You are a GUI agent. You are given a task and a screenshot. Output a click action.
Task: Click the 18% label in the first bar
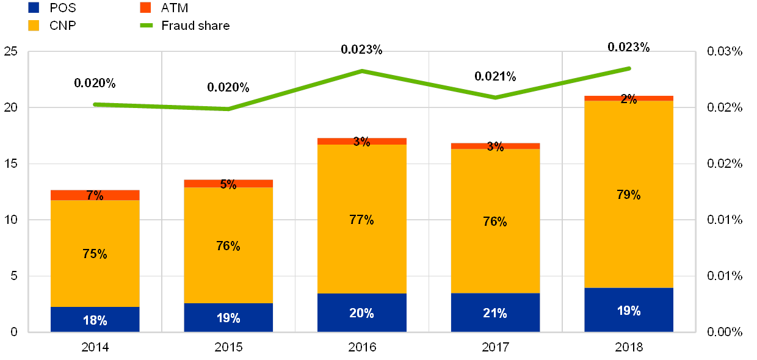click(95, 320)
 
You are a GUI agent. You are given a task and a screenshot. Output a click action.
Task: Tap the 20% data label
click(361, 313)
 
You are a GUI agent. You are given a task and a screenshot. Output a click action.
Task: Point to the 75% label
click(95, 254)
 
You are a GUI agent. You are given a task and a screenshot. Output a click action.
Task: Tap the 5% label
click(228, 184)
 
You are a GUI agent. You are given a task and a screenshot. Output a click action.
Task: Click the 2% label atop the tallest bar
click(629, 99)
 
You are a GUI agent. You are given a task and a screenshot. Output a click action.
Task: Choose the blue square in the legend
click(34, 8)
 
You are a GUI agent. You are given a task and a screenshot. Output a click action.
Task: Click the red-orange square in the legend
click(145, 8)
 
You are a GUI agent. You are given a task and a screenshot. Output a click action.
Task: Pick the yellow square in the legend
click(34, 26)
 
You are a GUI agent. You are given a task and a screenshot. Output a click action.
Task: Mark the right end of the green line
click(629, 68)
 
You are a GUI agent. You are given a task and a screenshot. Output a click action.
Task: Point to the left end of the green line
click(95, 104)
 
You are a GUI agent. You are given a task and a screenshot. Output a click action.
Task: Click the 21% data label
click(495, 313)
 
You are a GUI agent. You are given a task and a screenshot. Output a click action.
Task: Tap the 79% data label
click(629, 195)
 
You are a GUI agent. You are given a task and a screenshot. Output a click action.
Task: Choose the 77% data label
click(361, 220)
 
